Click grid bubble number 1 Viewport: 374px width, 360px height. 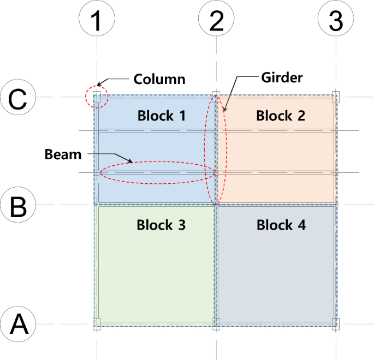(97, 21)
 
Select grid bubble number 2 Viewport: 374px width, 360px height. (217, 21)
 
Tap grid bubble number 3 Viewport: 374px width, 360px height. (336, 21)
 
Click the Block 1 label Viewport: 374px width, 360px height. (162, 116)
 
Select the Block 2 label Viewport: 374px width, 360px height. (281, 116)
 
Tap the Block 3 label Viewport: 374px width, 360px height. (162, 225)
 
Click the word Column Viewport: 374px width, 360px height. (159, 80)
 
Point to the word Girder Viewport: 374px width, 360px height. (282, 77)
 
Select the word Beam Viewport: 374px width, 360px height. (63, 155)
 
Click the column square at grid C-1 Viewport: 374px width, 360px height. (97, 98)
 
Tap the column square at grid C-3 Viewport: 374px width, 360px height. (336, 97)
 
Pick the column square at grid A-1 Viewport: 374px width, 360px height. (97, 323)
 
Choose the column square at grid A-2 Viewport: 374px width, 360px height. (217, 324)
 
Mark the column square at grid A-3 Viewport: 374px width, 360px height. (336, 323)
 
